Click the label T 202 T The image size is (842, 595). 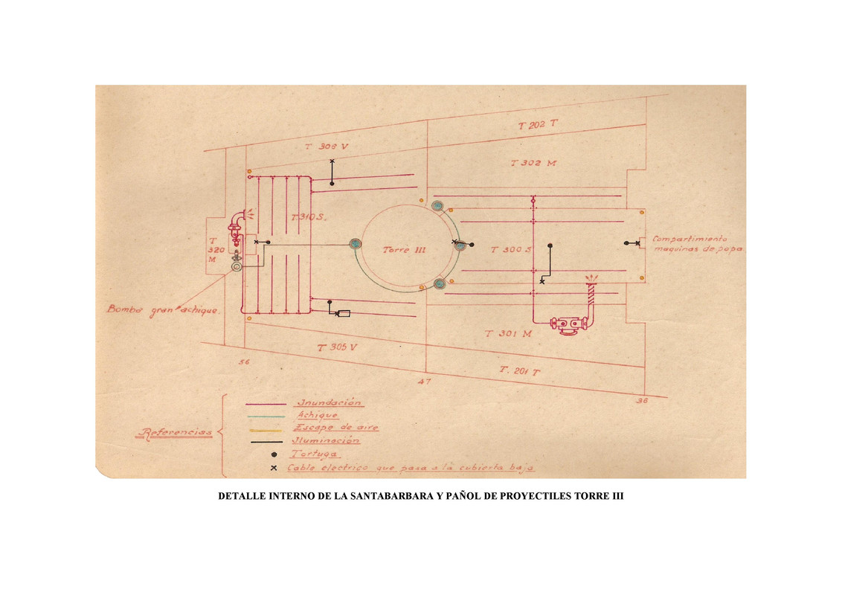pyautogui.click(x=539, y=125)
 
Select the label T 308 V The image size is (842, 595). pyautogui.click(x=327, y=147)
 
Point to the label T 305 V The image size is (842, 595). pyautogui.click(x=338, y=348)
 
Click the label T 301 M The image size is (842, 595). pyautogui.click(x=509, y=335)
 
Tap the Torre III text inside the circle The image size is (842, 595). pyautogui.click(x=404, y=250)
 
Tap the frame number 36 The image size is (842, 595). pyautogui.click(x=643, y=400)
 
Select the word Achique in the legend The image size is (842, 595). pyautogui.click(x=318, y=416)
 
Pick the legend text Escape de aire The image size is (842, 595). pyautogui.click(x=336, y=428)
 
